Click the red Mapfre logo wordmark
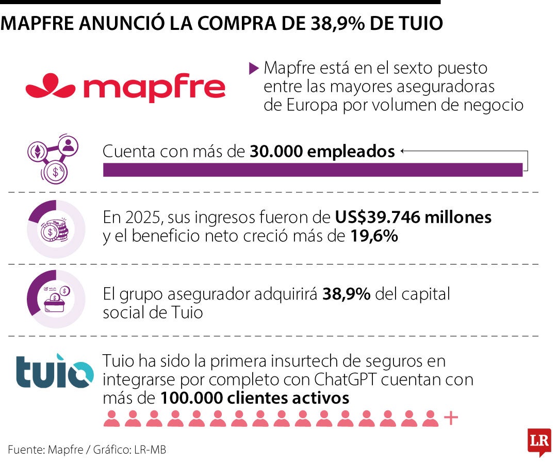click(x=125, y=87)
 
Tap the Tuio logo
click(x=55, y=371)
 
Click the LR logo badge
click(x=539, y=442)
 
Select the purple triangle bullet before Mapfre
click(x=254, y=68)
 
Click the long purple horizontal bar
click(x=313, y=170)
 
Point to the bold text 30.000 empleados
click(x=322, y=151)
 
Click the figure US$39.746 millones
click(x=413, y=217)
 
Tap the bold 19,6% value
click(x=374, y=236)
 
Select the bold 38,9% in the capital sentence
click(x=347, y=294)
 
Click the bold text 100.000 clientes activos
click(x=255, y=398)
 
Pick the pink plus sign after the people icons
click(x=451, y=418)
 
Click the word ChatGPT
click(x=345, y=379)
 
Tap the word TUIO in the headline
click(x=420, y=23)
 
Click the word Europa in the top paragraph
click(x=312, y=106)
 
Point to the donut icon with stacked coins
click(x=56, y=229)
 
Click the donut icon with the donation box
click(x=56, y=299)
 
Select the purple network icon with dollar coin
click(x=53, y=159)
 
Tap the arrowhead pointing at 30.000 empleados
click(x=402, y=151)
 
